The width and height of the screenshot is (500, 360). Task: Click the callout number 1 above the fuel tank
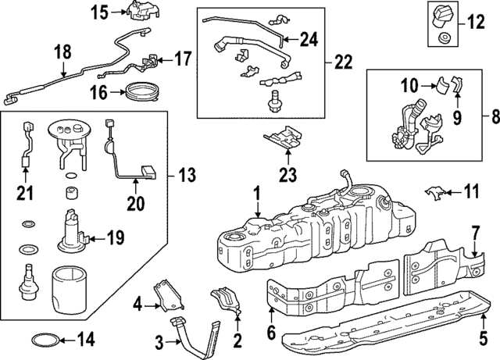255,191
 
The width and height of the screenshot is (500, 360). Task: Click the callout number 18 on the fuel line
62,52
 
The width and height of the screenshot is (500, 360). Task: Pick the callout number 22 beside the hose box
341,60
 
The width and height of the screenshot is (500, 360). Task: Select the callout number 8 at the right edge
491,116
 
